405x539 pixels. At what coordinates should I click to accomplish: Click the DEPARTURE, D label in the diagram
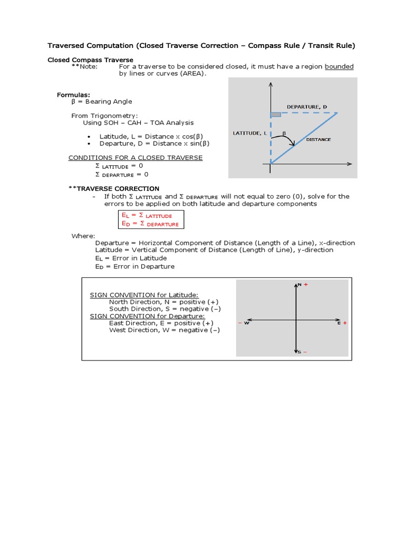[306, 107]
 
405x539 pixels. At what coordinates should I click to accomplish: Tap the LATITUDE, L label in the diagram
[249, 133]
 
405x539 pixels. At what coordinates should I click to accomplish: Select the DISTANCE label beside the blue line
[319, 139]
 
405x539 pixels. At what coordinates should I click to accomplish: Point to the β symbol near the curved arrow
[284, 133]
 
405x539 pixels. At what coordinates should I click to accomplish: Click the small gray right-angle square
[275, 114]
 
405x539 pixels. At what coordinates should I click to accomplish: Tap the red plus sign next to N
[305, 284]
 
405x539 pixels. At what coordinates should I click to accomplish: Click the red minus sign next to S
[305, 352]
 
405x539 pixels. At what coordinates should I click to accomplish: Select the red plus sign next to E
[345, 323]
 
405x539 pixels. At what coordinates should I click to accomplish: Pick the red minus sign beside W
[240, 323]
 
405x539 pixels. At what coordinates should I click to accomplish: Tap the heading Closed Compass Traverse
[90, 60]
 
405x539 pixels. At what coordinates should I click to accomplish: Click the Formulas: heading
[73, 94]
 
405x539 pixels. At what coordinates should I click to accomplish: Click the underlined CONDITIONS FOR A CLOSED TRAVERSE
[136, 158]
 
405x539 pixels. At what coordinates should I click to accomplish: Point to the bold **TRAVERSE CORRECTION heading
[114, 188]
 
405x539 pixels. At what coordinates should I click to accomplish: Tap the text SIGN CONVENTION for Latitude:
[144, 295]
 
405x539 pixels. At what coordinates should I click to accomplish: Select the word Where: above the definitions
[83, 236]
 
